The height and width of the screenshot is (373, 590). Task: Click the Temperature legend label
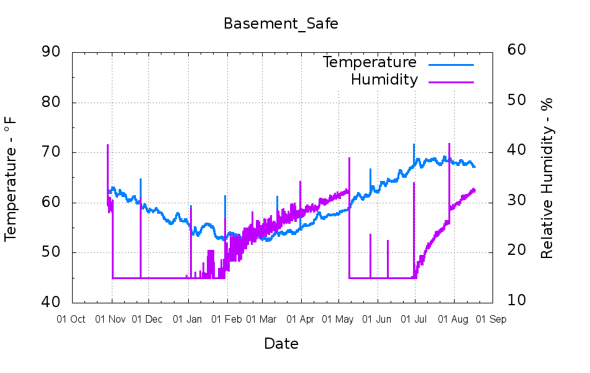(370, 62)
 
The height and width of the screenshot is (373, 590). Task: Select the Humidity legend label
(384, 80)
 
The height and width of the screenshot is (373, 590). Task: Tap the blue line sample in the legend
(451, 63)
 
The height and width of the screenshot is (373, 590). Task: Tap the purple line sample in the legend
(451, 81)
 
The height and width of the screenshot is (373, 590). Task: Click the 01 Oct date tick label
(71, 320)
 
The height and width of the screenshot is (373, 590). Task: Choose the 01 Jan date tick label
(187, 320)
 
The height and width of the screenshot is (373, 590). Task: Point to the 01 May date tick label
(338, 320)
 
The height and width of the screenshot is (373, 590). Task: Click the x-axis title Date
(281, 344)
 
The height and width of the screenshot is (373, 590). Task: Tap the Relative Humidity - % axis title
(547, 178)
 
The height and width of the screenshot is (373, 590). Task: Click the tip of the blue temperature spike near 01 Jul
(414, 145)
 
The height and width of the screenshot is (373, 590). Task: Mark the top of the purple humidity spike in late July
(448, 144)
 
